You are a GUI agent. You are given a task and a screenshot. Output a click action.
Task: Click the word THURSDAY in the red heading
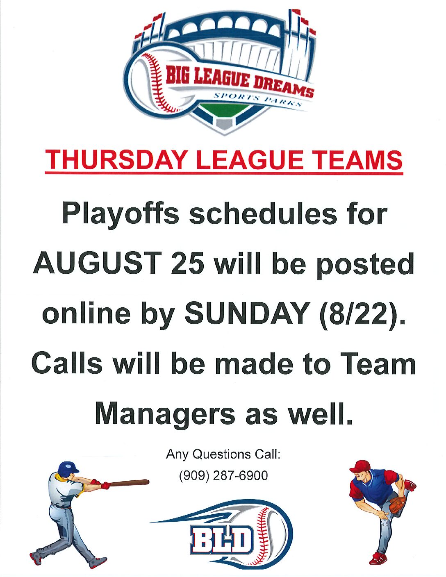tap(115, 160)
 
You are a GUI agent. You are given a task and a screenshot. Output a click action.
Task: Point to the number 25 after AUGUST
tap(188, 264)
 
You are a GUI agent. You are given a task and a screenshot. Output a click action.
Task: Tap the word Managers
tap(165, 414)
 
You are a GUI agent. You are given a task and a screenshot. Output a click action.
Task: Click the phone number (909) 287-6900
tap(223, 475)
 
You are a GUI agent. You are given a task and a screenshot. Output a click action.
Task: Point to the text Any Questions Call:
tap(223, 455)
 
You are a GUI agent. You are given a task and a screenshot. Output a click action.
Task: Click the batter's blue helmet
tap(68, 468)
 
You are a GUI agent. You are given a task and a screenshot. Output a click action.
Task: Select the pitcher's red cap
tap(360, 467)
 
